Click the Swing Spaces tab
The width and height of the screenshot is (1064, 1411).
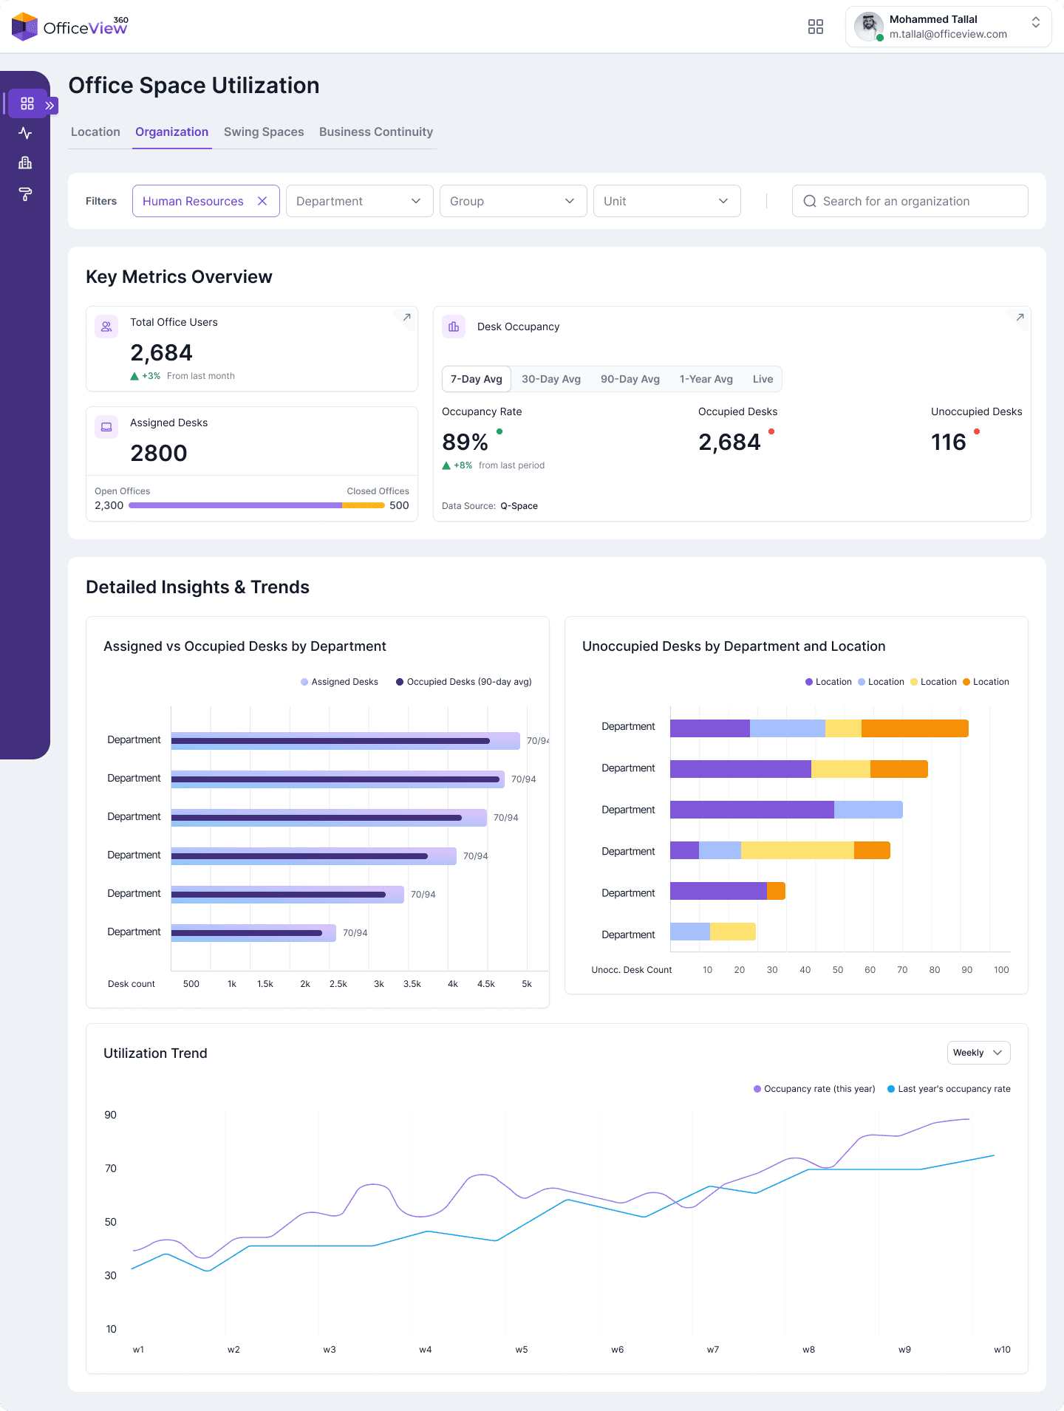[x=264, y=131]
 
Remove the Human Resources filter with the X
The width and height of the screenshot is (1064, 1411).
[x=262, y=201]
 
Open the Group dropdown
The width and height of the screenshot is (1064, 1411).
[x=513, y=201]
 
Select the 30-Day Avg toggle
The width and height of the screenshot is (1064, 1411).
[x=550, y=379]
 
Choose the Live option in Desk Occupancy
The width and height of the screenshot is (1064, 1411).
[x=763, y=379]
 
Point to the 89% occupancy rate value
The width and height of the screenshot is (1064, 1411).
[x=465, y=442]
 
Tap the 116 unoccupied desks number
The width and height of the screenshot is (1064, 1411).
[x=948, y=442]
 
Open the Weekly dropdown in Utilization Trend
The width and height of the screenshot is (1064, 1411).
[x=978, y=1053]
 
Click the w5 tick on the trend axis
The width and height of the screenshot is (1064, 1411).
[x=522, y=1350]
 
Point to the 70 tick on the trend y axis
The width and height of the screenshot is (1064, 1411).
[x=111, y=1168]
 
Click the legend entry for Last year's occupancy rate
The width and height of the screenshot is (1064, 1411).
[x=949, y=1089]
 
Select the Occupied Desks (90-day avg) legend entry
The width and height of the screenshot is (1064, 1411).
[x=464, y=682]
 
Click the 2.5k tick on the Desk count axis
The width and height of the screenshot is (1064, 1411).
[x=338, y=984]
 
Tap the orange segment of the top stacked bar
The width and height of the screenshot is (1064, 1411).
[x=915, y=728]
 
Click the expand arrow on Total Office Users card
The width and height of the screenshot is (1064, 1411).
[x=406, y=318]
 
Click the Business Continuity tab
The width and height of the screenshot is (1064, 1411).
[x=375, y=131]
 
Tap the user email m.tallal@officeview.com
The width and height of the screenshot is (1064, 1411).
[x=948, y=34]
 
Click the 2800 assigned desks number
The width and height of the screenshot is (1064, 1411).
[x=159, y=453]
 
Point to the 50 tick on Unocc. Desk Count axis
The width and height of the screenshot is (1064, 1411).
[x=838, y=970]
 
